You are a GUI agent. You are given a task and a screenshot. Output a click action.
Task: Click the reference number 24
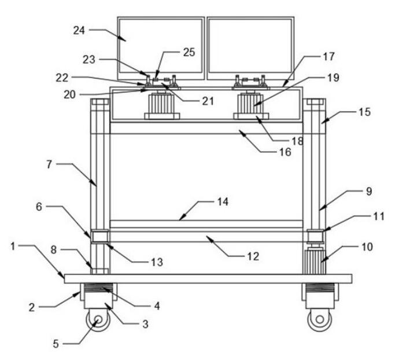(x=79, y=31)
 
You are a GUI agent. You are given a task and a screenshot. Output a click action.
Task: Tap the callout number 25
(x=188, y=52)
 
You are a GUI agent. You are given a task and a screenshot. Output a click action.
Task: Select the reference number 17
(x=329, y=57)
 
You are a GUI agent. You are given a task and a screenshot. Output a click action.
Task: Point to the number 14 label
(x=223, y=202)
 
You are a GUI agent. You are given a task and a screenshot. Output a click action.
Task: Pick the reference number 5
(x=56, y=343)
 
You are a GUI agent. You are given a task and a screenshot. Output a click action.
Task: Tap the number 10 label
(x=367, y=247)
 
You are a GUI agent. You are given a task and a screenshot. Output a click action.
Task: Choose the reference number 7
(x=50, y=164)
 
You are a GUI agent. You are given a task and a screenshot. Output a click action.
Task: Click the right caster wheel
(x=317, y=320)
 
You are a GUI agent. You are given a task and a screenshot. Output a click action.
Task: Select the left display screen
(x=161, y=47)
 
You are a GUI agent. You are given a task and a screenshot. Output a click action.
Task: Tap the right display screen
(x=250, y=47)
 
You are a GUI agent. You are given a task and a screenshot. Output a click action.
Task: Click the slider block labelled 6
(x=99, y=236)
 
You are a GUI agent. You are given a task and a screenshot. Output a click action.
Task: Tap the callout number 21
(x=208, y=101)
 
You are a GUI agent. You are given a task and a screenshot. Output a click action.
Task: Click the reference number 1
(x=13, y=246)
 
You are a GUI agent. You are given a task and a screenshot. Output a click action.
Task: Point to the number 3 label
(x=146, y=324)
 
